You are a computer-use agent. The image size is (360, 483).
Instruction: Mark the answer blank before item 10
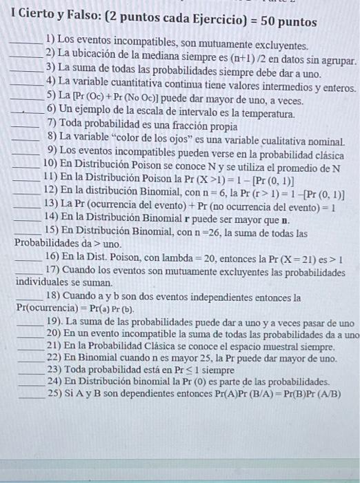(26, 166)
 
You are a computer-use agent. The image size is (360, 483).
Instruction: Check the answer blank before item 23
(26, 371)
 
